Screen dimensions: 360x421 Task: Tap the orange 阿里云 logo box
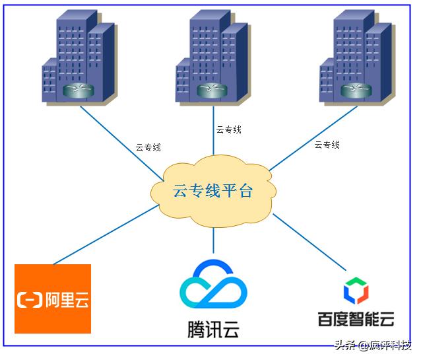click(x=53, y=299)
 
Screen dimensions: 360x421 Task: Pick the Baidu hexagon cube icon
click(x=355, y=291)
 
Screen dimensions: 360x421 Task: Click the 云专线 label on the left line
click(x=148, y=147)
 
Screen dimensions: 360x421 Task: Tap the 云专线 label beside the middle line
click(x=228, y=129)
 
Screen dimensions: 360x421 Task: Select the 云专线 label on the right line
click(x=327, y=145)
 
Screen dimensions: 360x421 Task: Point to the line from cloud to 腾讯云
click(x=213, y=240)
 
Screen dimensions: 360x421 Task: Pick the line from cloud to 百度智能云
click(x=309, y=241)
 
